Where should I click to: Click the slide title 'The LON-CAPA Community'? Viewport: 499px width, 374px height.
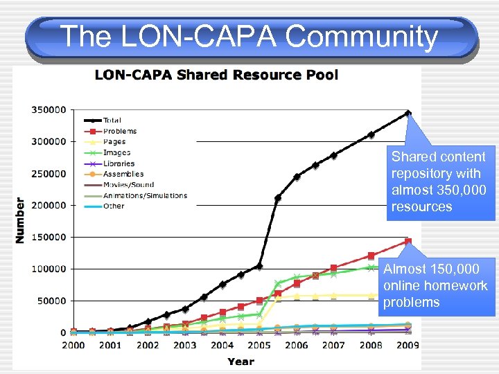point(249,36)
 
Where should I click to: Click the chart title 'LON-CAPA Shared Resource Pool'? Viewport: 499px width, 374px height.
point(216,75)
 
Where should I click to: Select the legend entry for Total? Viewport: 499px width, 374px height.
point(112,121)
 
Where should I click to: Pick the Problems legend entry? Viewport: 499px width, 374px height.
point(119,131)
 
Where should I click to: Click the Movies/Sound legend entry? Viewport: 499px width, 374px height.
point(128,185)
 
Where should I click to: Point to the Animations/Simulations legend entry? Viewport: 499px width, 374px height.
point(145,195)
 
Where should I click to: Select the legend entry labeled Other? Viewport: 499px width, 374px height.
point(113,206)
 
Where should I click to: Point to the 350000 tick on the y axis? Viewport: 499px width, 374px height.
point(48,109)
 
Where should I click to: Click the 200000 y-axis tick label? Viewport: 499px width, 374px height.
point(48,205)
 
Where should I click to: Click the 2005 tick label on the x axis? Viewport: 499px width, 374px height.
point(259,345)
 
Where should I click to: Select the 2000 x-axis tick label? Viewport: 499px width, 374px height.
point(73,345)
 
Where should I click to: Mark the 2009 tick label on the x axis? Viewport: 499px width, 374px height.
point(408,345)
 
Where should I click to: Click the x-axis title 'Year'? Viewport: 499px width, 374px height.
point(240,361)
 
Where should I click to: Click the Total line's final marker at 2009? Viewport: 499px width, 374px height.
point(408,113)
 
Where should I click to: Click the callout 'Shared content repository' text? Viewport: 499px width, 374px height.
point(439,182)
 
